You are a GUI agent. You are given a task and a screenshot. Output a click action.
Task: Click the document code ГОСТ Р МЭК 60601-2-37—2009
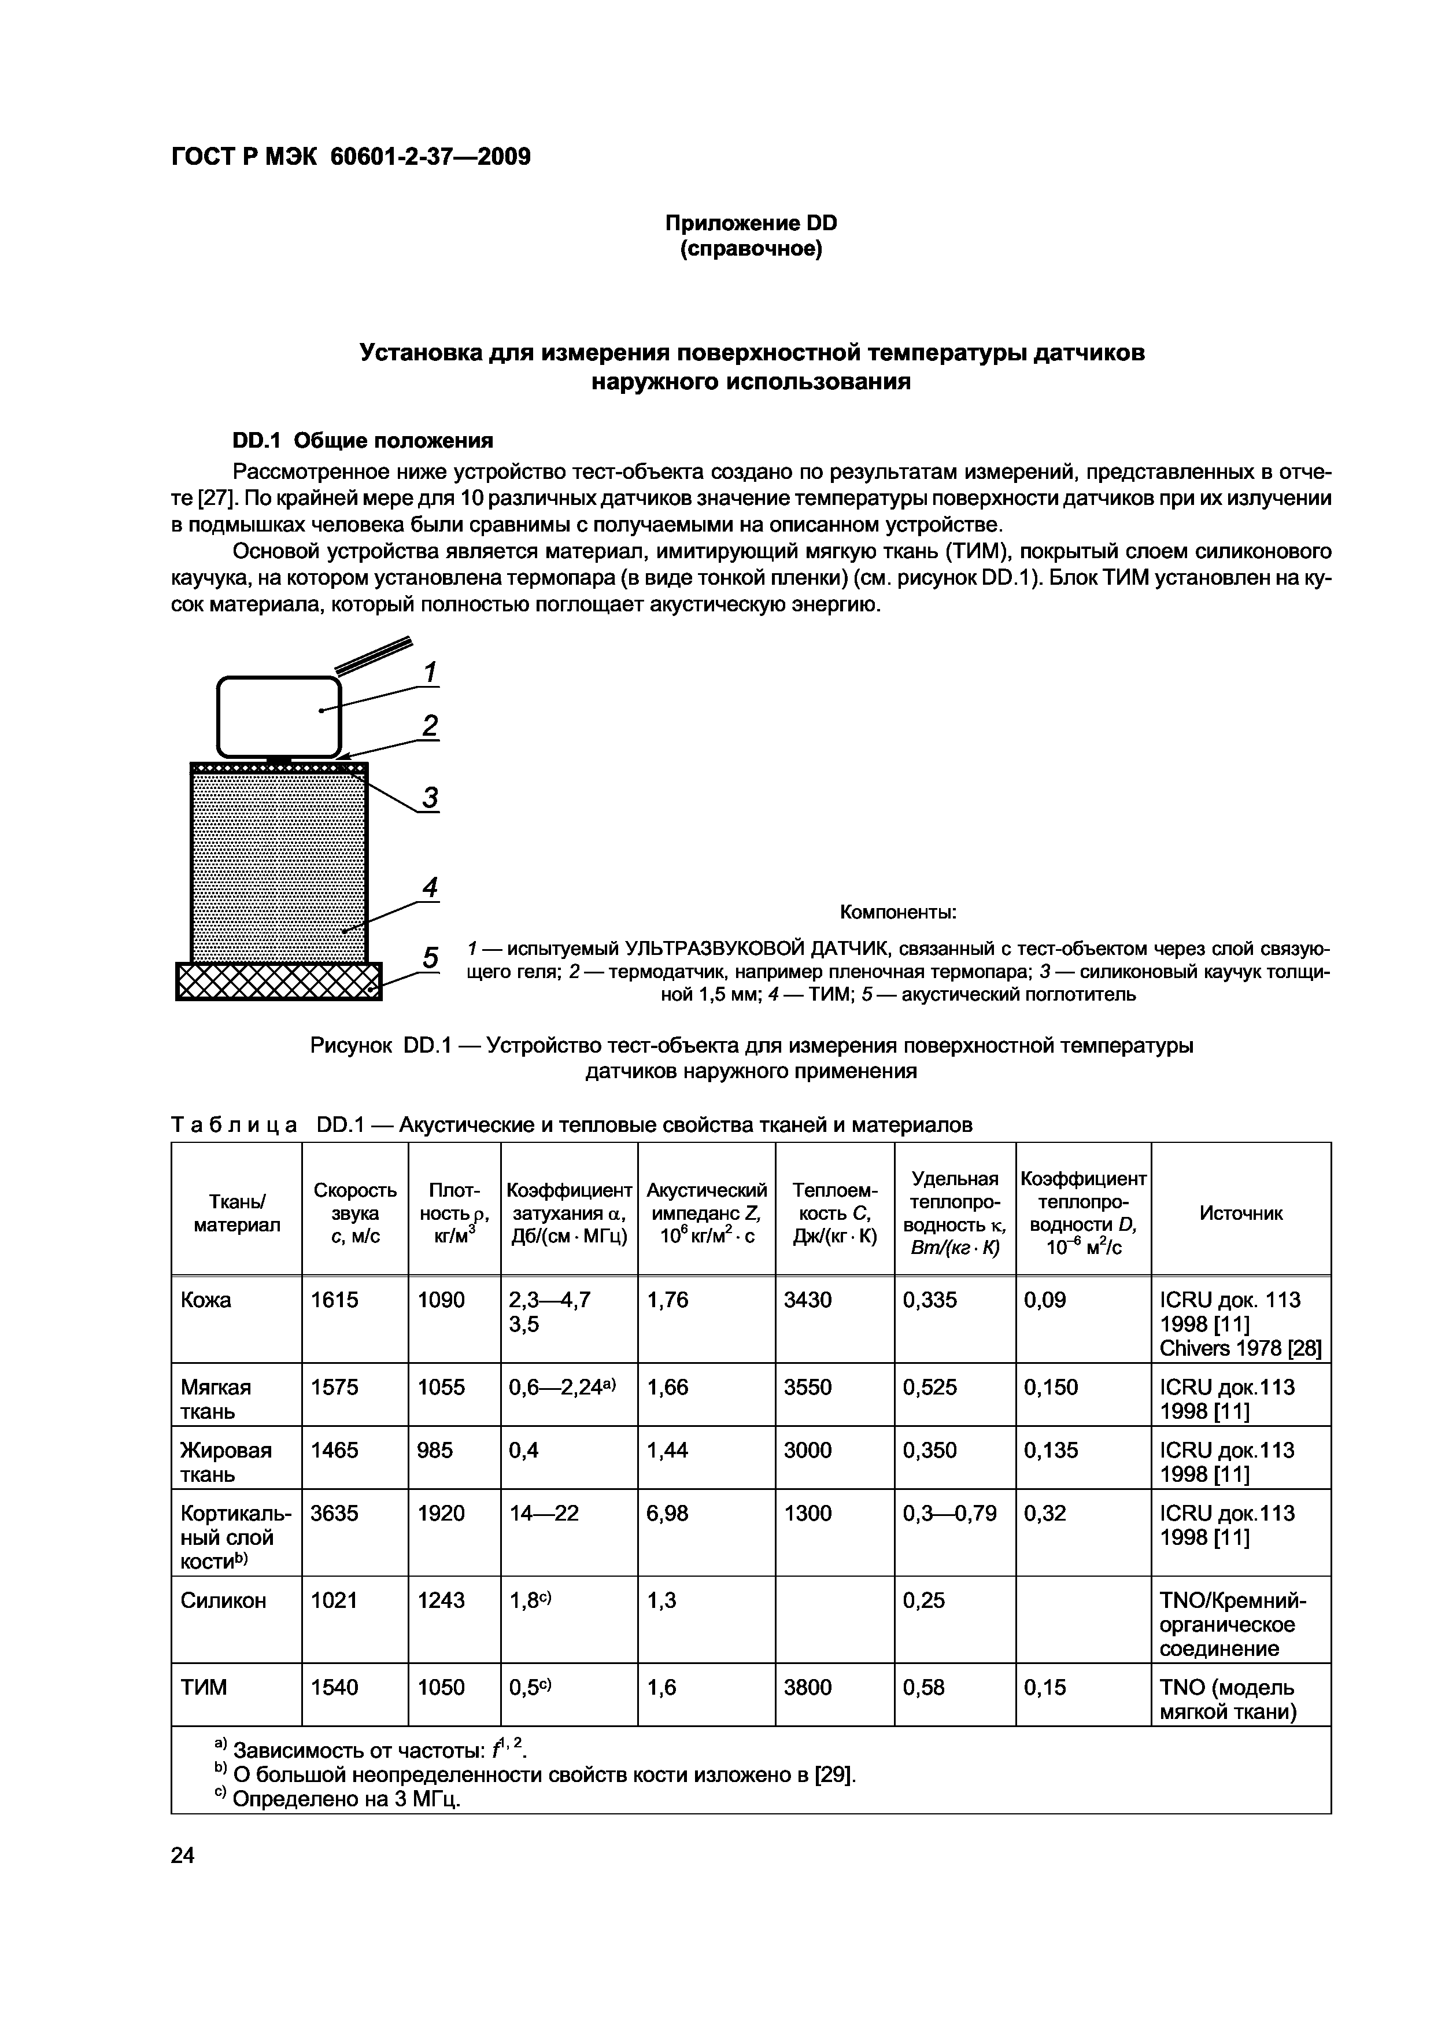pyautogui.click(x=351, y=156)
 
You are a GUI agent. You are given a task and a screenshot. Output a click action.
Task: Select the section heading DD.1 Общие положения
pyautogui.click(x=362, y=440)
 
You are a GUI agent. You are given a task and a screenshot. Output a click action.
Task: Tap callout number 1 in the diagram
pyautogui.click(x=430, y=673)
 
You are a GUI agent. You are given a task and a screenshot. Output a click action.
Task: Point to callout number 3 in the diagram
pyautogui.click(x=430, y=798)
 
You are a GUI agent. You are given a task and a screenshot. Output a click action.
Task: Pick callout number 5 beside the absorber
pyautogui.click(x=430, y=958)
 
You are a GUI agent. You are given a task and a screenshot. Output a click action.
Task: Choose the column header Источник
pyautogui.click(x=1240, y=1213)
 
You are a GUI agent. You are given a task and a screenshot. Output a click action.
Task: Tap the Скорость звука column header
pyautogui.click(x=355, y=1213)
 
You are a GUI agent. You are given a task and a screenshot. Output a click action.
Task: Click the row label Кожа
pyautogui.click(x=206, y=1300)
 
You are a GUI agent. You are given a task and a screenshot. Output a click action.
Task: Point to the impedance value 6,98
pyautogui.click(x=667, y=1514)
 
